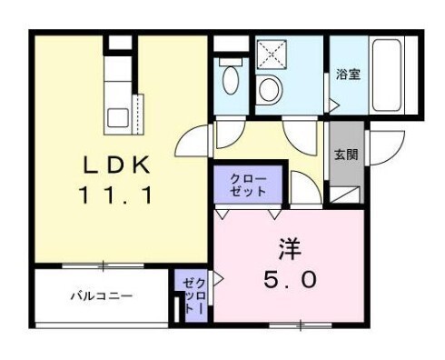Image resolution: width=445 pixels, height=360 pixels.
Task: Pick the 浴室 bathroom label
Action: [348, 75]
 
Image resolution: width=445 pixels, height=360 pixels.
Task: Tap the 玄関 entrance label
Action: [346, 155]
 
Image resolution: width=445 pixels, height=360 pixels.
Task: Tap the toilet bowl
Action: [230, 78]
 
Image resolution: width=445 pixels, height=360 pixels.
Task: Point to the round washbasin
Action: [270, 89]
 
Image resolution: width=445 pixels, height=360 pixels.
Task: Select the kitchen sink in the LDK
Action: [119, 117]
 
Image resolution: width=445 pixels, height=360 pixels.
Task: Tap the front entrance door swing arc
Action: [381, 145]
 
